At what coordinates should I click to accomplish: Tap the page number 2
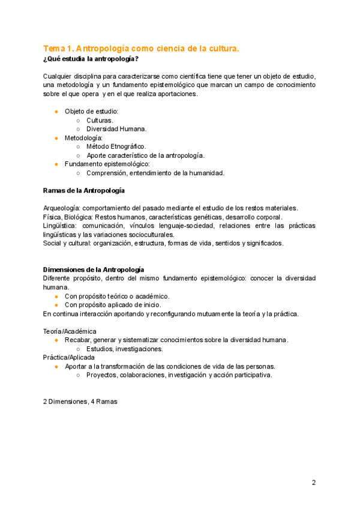[x=313, y=483]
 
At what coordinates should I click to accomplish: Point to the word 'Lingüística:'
[x=60, y=226]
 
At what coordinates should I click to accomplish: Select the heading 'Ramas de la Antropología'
[x=84, y=190]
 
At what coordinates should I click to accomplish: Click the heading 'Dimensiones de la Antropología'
[x=94, y=270]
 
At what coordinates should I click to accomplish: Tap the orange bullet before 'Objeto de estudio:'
[x=56, y=112]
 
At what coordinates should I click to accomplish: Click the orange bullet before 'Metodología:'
[x=56, y=137]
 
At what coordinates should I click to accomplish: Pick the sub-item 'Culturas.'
[x=100, y=120]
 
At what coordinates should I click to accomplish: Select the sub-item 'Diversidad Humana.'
[x=116, y=128]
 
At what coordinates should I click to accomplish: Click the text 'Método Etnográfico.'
[x=116, y=146]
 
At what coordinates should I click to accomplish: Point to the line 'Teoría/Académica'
[x=70, y=331]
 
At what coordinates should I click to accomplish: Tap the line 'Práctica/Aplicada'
[x=68, y=358]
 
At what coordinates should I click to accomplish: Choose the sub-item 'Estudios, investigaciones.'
[x=124, y=349]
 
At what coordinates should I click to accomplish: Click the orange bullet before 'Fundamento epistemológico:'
[x=56, y=164]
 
